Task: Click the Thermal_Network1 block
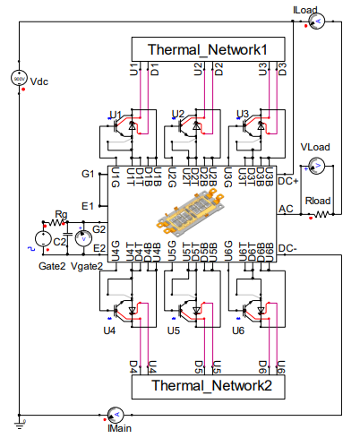tap(209, 48)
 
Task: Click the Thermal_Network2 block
tap(209, 387)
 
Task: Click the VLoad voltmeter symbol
tap(315, 164)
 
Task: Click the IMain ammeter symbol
tap(115, 414)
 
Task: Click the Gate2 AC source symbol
tap(41, 239)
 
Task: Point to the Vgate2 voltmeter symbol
tap(81, 238)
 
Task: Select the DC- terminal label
tap(288, 247)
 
